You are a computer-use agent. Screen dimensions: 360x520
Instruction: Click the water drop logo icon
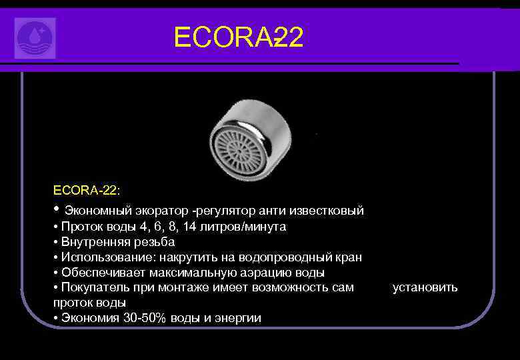(x=35, y=38)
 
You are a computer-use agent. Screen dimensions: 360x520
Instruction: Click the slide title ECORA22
(x=238, y=38)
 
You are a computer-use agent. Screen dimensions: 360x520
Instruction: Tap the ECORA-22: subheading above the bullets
(x=87, y=191)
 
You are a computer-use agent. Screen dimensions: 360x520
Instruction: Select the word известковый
(x=331, y=211)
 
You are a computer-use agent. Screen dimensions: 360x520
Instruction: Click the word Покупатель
(x=93, y=287)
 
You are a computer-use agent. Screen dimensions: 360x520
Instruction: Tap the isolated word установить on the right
(x=425, y=287)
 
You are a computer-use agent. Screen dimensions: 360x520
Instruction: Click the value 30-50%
(x=144, y=318)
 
